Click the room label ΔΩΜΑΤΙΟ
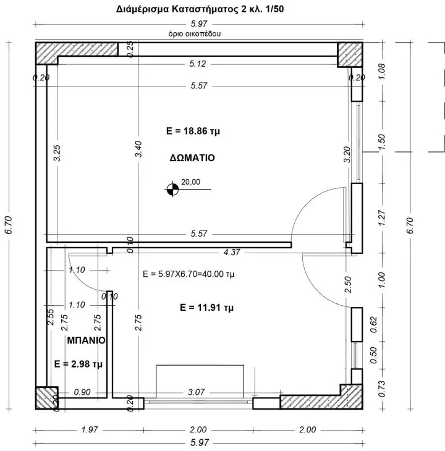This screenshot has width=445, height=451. pyautogui.click(x=192, y=158)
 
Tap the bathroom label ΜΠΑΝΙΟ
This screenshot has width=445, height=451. pyautogui.click(x=87, y=340)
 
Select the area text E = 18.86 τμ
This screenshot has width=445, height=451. pyautogui.click(x=193, y=131)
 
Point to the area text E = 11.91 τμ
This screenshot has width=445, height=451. pyautogui.click(x=206, y=308)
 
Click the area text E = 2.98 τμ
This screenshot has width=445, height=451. pyautogui.click(x=78, y=364)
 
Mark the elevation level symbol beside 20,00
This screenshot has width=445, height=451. pyautogui.click(x=172, y=189)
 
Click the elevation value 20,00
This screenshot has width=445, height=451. pyautogui.click(x=190, y=182)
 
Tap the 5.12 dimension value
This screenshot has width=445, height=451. pyautogui.click(x=198, y=64)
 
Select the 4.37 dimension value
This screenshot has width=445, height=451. pyautogui.click(x=232, y=252)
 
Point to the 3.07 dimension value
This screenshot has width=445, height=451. pyautogui.click(x=196, y=392)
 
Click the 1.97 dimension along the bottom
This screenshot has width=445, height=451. pyautogui.click(x=90, y=430)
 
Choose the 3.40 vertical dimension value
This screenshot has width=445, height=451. pyautogui.click(x=138, y=149)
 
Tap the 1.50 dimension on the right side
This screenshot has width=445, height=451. pyautogui.click(x=381, y=142)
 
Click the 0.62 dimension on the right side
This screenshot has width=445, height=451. pyautogui.click(x=373, y=324)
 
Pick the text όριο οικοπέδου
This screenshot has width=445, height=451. pyautogui.click(x=195, y=33)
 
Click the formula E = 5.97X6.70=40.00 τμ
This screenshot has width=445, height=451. pyautogui.click(x=189, y=274)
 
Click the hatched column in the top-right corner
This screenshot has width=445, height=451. pyautogui.click(x=350, y=54)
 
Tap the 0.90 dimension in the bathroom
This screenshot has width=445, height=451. pyautogui.click(x=82, y=392)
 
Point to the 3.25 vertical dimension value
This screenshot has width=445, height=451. pyautogui.click(x=57, y=153)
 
